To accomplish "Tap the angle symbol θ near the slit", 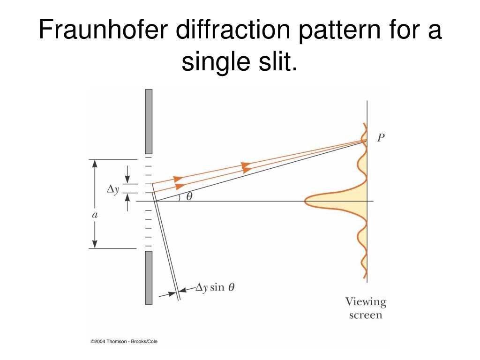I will coord(189,197).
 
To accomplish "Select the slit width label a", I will coord(94,215).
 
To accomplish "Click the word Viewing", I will coord(366,301).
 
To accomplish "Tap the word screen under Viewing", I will coord(366,315).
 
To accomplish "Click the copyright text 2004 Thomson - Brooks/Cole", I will coord(124,341).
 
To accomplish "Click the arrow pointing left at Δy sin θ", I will coord(186,289).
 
